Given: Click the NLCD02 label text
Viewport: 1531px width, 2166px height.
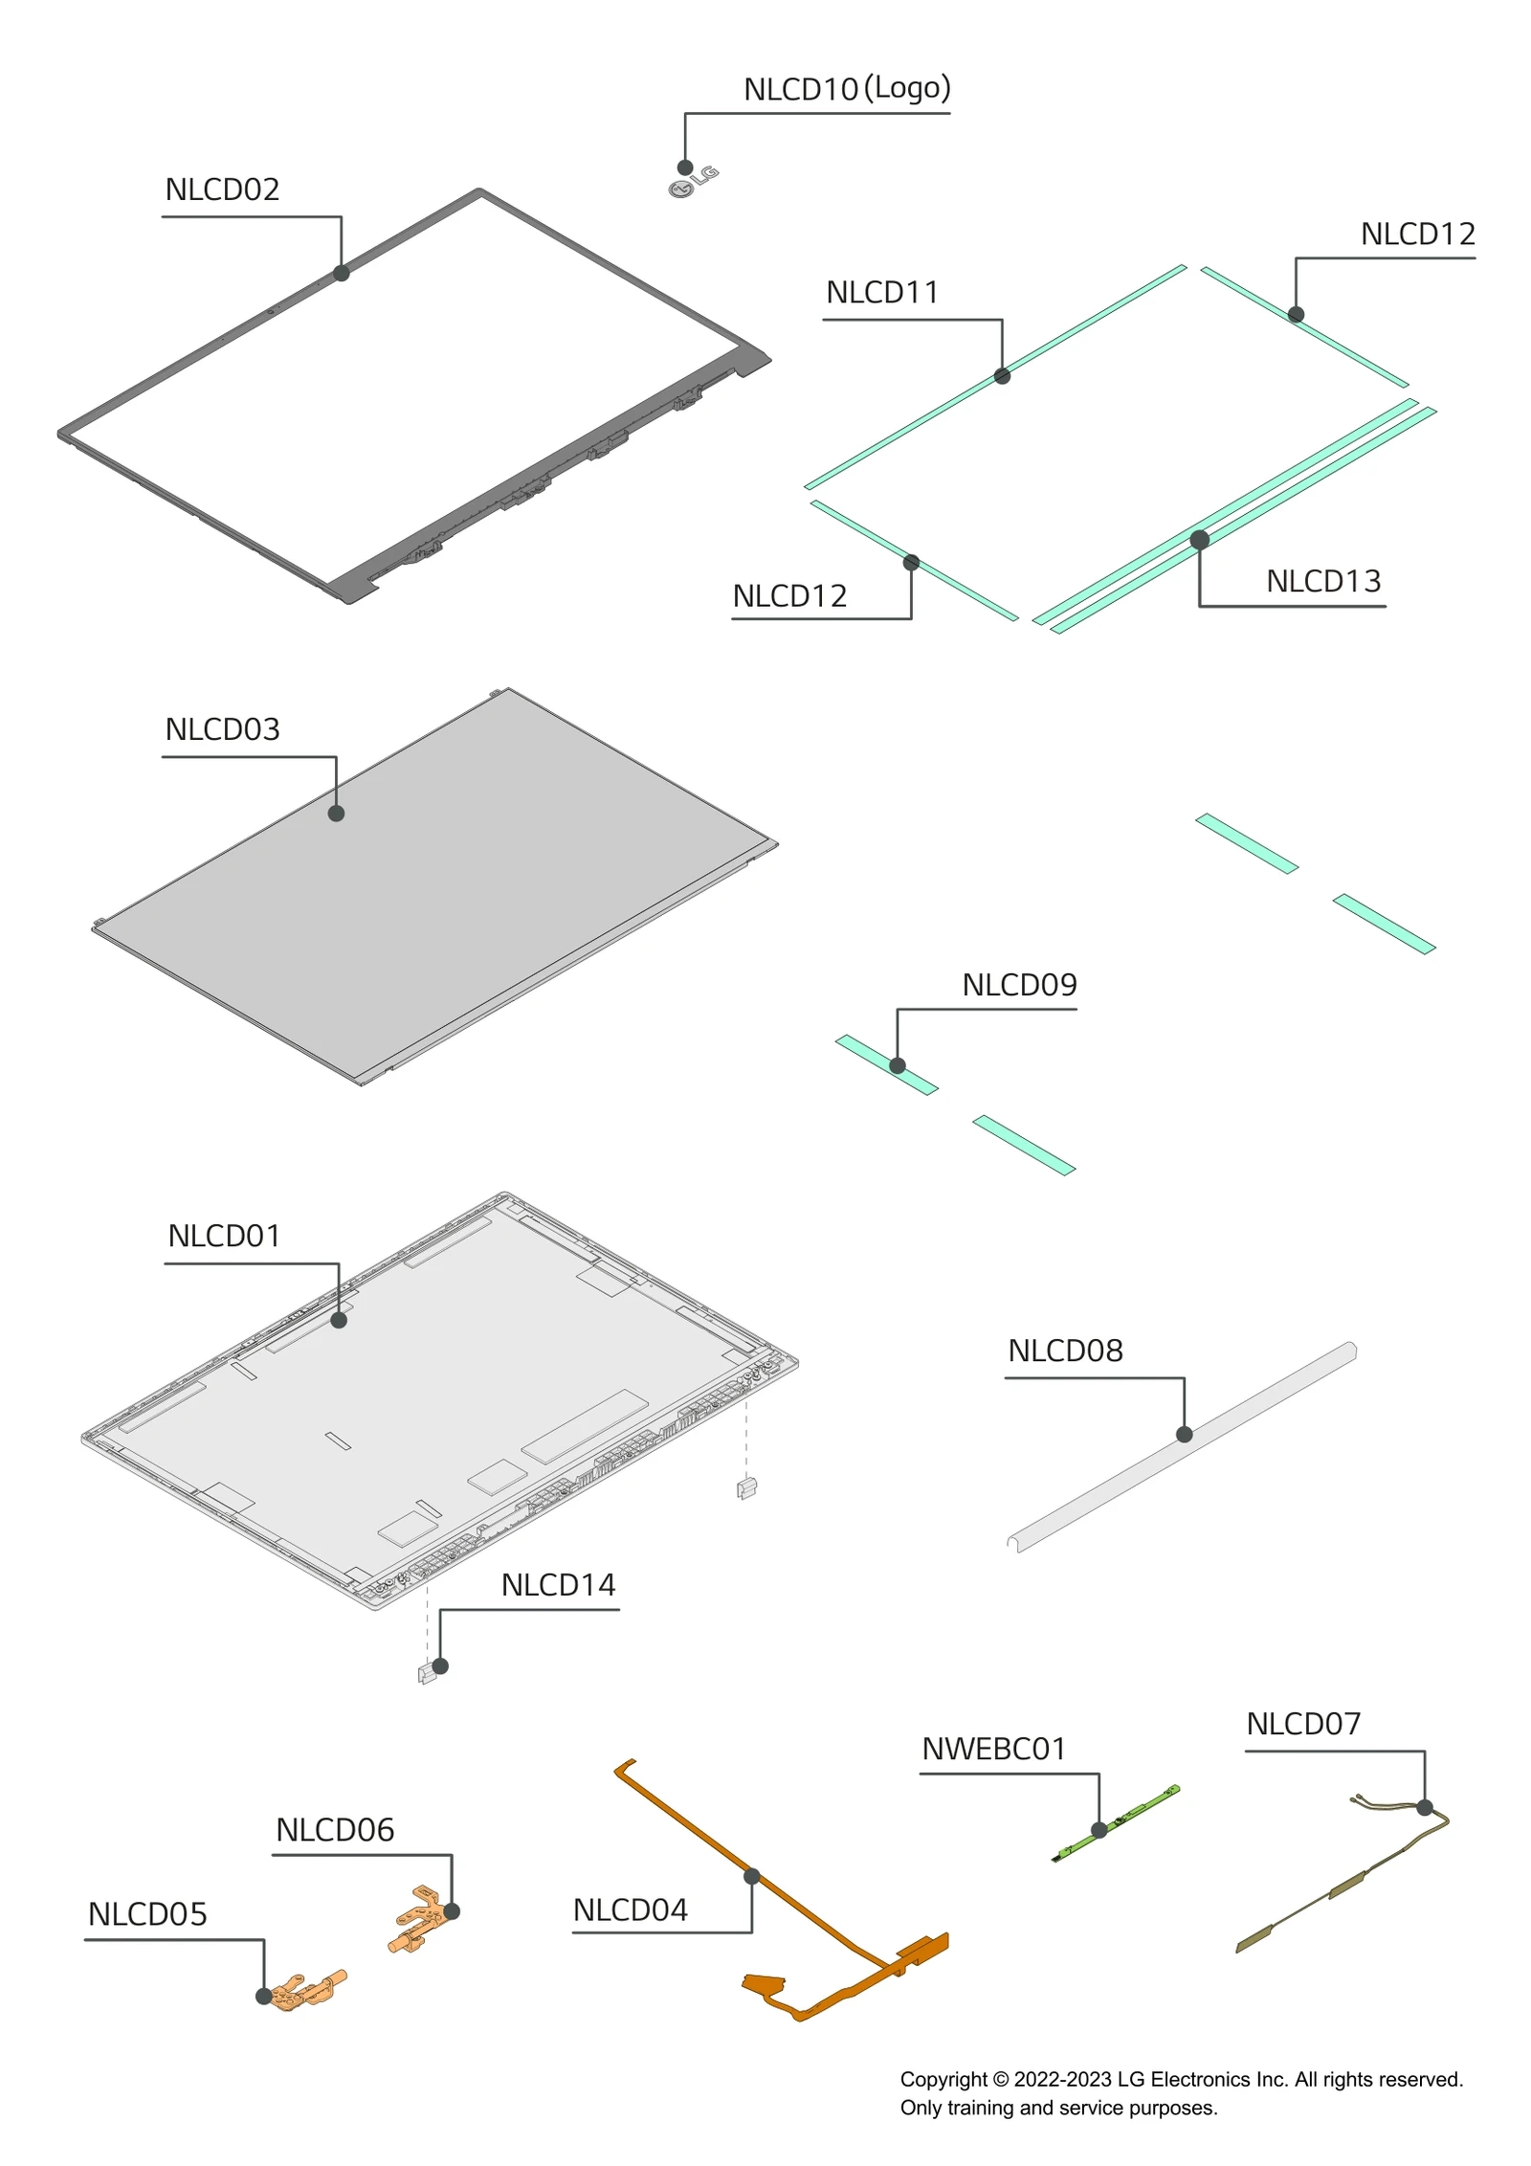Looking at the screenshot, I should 222,190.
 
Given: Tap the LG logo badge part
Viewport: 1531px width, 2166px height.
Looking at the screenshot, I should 693,182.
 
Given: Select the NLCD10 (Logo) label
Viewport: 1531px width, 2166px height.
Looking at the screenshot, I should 846,89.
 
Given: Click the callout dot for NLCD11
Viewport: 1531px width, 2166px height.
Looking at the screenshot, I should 1002,376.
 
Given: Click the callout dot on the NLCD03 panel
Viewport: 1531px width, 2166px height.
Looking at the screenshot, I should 336,814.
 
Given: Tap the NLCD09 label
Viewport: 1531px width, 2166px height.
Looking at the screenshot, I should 1019,985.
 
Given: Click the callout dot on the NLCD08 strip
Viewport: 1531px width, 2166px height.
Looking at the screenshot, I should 1184,1434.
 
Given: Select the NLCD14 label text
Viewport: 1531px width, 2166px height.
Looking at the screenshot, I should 558,1585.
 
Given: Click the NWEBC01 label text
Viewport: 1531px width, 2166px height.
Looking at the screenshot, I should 993,1749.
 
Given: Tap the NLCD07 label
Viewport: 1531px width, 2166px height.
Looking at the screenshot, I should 1302,1724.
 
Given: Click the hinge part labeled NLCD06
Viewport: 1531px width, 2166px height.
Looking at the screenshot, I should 418,1918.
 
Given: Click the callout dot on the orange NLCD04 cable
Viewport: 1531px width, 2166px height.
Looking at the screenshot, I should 751,1876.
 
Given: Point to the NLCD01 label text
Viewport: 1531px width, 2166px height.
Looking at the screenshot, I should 224,1236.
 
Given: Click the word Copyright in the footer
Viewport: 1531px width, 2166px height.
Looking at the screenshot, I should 943,2079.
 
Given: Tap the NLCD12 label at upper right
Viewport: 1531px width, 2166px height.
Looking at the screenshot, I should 1417,234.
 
